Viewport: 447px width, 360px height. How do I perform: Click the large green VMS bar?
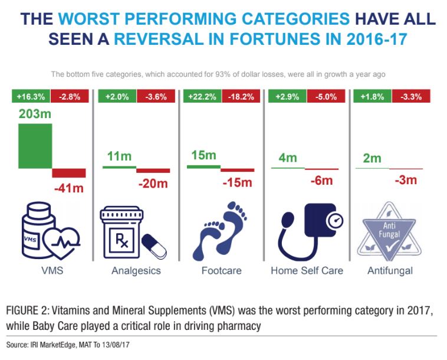coord(35,145)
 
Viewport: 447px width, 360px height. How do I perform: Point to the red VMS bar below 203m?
coord(69,173)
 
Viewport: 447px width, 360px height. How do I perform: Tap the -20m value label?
coord(154,184)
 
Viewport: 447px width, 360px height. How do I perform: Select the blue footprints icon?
coord(220,230)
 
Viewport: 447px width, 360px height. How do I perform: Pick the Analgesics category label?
coord(136,271)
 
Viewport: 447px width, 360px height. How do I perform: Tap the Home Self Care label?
coord(307,271)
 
